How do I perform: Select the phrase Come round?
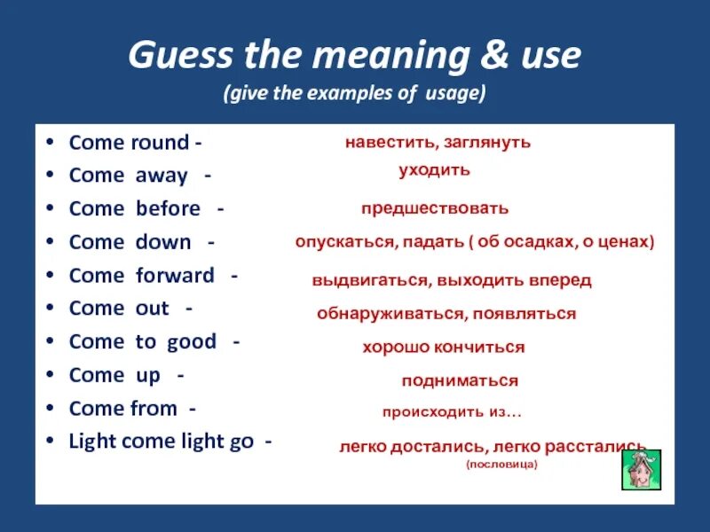click(129, 143)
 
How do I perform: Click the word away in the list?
click(161, 176)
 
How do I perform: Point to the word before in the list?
click(168, 209)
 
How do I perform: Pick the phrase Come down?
click(130, 242)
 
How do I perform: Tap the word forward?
click(175, 276)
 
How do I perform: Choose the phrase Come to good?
click(142, 342)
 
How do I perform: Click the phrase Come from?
click(122, 409)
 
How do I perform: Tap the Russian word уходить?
click(434, 169)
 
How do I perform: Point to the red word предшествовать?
click(435, 208)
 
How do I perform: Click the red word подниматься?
click(459, 380)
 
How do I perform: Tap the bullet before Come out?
click(51, 309)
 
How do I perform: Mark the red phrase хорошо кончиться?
click(443, 347)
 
